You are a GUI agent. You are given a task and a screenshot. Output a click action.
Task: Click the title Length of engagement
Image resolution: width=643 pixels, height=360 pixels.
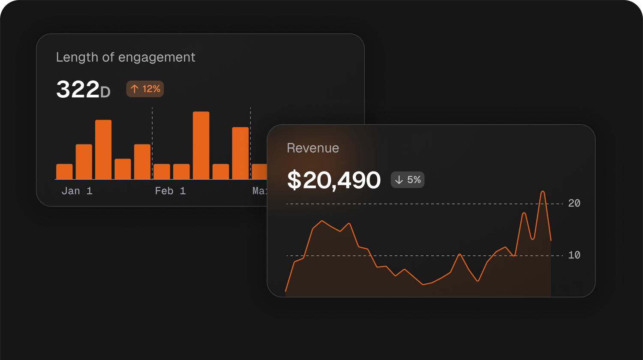point(126,57)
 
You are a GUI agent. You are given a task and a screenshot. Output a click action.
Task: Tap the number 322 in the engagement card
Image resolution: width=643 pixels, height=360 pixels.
point(78,90)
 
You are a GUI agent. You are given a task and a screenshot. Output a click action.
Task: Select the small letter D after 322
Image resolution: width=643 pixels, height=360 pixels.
point(105,92)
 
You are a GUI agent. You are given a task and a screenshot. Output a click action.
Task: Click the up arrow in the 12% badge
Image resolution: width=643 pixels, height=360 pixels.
point(135,89)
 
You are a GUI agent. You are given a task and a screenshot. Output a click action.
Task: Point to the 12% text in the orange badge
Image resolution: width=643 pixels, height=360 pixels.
point(151,89)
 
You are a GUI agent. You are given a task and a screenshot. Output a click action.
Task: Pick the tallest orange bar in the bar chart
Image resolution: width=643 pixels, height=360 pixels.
point(201,145)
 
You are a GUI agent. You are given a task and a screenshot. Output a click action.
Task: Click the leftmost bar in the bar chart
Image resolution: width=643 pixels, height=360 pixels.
point(64,171)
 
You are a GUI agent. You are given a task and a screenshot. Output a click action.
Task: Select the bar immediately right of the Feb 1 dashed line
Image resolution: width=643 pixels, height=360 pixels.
point(162,171)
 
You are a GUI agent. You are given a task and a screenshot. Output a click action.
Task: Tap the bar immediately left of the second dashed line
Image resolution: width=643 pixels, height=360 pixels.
point(240,153)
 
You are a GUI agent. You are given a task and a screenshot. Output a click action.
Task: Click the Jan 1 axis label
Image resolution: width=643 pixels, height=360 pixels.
point(77,191)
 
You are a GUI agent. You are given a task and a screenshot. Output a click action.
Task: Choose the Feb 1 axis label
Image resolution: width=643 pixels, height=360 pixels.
point(170,191)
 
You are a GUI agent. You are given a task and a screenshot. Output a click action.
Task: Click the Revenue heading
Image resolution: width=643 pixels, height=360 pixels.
point(313,148)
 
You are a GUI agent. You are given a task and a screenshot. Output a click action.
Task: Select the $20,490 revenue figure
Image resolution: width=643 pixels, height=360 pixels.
point(334,180)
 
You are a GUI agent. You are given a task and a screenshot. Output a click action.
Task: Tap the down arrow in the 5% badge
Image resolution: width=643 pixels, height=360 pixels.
point(399,180)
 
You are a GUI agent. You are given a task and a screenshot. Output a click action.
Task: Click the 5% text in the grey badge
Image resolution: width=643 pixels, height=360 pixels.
point(414,180)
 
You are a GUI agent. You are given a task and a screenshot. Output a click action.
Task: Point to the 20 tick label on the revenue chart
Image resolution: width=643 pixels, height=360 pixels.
point(574,204)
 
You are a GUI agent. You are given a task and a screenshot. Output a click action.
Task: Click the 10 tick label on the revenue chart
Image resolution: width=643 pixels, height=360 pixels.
point(574,255)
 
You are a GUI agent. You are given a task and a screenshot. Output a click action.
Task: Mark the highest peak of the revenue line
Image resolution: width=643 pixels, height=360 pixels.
point(543,192)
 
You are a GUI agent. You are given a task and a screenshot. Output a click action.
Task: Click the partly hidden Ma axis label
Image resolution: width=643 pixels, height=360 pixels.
point(259,191)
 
